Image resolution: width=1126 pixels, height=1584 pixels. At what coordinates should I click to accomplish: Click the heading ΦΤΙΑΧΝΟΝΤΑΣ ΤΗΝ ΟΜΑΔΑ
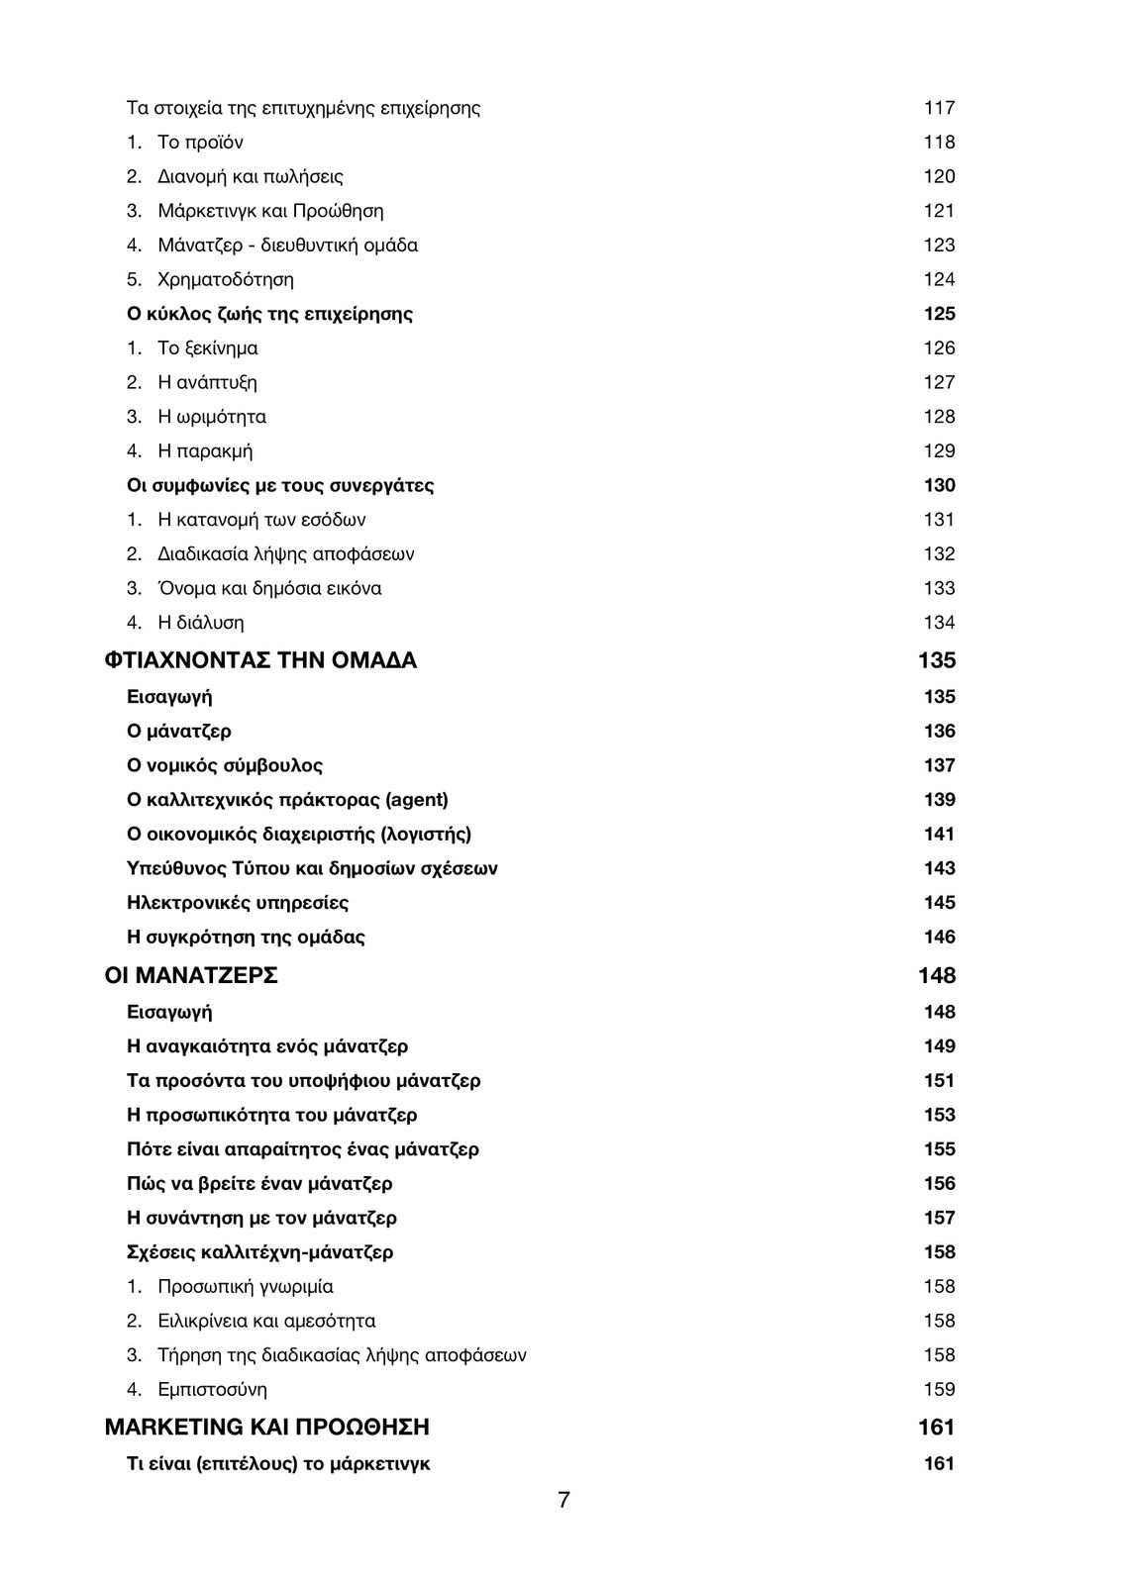(x=260, y=660)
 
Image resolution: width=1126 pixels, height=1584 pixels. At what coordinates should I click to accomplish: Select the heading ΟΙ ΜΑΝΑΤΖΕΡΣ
(x=191, y=975)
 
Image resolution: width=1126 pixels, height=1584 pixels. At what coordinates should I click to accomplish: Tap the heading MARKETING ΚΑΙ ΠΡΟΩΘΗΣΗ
(x=266, y=1427)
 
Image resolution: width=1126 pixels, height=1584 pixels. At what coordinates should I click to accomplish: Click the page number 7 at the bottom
(x=563, y=1500)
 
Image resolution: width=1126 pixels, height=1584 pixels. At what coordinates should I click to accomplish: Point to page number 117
(x=939, y=108)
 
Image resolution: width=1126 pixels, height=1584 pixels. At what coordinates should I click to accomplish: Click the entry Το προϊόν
(x=200, y=143)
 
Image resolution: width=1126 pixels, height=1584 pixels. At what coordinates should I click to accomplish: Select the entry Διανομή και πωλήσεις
(x=251, y=177)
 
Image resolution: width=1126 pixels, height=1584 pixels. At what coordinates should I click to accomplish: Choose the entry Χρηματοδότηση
(x=226, y=279)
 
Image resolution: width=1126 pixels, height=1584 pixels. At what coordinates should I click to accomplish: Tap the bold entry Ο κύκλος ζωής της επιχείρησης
(x=269, y=314)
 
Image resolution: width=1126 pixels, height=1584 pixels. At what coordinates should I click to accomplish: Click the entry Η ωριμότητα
(x=212, y=417)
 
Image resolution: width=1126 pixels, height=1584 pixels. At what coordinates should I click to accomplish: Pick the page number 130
(x=939, y=485)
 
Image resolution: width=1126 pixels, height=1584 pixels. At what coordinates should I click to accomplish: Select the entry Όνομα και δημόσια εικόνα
(x=269, y=588)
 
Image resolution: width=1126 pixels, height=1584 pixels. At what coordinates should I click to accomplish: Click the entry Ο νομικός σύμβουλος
(x=225, y=765)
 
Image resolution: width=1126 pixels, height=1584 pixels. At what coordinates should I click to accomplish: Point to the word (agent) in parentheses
(x=416, y=800)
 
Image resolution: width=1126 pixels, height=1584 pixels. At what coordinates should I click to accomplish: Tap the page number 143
(x=939, y=868)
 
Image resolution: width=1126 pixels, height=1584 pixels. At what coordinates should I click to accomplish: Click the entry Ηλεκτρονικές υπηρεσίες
(x=238, y=903)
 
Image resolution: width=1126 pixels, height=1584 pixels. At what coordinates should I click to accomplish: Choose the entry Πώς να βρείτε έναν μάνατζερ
(x=259, y=1183)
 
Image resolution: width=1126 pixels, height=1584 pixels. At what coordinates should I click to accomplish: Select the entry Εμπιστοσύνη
(x=212, y=1389)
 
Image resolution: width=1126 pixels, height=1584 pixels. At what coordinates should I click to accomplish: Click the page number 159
(x=939, y=1389)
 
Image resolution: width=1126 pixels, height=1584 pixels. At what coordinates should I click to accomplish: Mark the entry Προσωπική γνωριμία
(x=246, y=1286)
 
